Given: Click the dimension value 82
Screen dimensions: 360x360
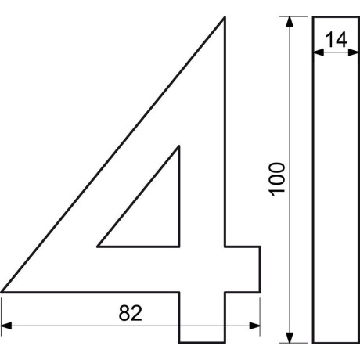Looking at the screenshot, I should click(130, 313).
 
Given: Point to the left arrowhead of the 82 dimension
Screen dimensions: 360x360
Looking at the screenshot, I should click(6, 325).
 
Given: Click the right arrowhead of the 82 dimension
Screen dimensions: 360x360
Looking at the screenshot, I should click(255, 325).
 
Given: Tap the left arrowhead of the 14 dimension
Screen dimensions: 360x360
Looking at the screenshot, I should click(318, 52).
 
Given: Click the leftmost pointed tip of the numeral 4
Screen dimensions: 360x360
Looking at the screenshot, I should click(3, 292).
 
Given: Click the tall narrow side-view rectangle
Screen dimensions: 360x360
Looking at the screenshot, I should click(337, 196).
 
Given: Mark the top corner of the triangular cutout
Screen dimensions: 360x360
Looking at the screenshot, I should click(179, 146).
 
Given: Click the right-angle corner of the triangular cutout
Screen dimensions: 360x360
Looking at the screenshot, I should click(179, 246).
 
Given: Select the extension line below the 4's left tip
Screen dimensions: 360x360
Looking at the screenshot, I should click(2, 313).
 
